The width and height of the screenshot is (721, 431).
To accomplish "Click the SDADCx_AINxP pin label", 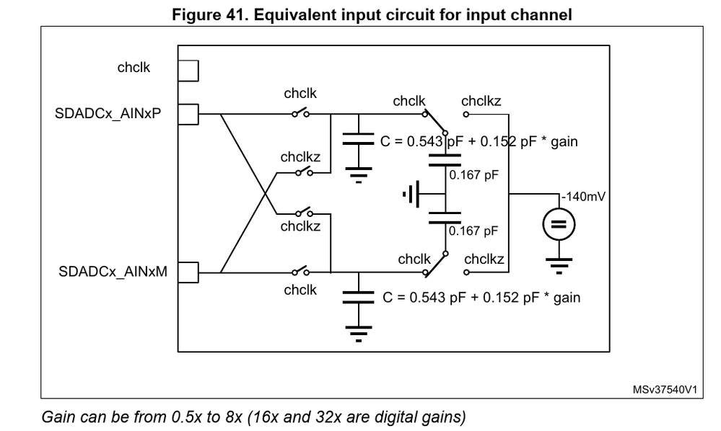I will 108,114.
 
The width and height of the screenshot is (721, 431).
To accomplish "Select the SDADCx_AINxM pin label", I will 111,272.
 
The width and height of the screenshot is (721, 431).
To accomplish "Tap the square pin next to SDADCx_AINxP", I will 188,114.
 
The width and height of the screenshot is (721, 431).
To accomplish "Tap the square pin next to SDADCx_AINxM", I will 188,272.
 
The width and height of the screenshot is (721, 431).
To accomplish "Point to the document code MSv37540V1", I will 665,390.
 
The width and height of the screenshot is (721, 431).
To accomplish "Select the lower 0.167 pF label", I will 473,231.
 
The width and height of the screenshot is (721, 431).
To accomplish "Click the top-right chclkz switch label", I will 481,101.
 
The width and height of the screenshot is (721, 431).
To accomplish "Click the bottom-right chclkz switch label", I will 484,259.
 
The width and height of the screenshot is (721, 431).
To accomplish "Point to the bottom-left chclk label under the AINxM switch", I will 300,290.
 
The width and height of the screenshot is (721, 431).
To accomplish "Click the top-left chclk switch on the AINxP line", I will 301,113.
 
